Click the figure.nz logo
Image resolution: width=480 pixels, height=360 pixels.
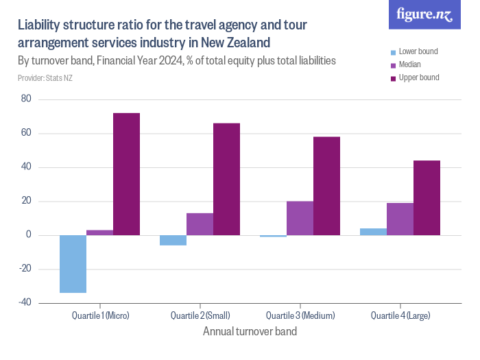pos(424,14)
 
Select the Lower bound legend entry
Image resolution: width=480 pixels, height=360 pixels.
pos(414,51)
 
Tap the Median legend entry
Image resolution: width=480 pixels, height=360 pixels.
pos(406,64)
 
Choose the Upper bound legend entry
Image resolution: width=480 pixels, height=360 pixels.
pos(415,77)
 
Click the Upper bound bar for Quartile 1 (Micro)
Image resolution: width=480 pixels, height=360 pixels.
pos(126,174)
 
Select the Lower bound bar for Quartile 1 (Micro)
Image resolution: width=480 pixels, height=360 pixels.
pos(73,264)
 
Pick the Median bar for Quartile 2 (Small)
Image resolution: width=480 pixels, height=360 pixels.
pos(200,224)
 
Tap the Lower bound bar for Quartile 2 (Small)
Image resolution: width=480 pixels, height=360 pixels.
pos(173,240)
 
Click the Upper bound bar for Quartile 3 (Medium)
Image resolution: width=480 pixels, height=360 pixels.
pos(326,186)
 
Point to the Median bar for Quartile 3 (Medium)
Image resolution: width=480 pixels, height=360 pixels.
pos(300,218)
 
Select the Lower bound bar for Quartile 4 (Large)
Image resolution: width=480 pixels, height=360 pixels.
pos(374,232)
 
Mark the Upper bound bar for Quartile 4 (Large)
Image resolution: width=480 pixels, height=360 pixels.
pos(427,197)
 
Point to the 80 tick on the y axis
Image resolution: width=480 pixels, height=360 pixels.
pos(26,99)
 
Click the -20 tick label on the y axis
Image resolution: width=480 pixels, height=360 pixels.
pos(25,269)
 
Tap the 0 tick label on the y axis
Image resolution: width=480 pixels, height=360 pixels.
pos(29,235)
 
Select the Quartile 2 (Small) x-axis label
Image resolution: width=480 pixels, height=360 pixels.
pos(200,315)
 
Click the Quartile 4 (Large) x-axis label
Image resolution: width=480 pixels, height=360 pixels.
pos(400,315)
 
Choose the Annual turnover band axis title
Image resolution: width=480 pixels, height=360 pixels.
pos(250,331)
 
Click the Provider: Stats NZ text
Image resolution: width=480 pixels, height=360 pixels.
pos(45,78)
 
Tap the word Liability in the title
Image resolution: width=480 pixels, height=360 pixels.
pos(38,25)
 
